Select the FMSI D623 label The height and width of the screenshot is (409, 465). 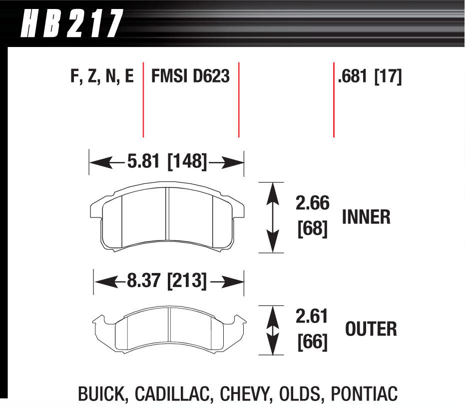pos(190,76)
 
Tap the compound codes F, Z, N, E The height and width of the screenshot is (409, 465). pos(102,76)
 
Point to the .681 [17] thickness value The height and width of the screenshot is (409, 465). pos(370,76)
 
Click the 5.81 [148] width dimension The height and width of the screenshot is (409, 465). pos(167,161)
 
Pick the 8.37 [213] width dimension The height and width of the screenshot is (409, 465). pos(167,281)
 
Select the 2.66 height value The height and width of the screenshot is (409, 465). pos(312,204)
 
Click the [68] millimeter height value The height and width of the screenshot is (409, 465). pos(312,230)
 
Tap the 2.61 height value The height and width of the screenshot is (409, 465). pos(312,316)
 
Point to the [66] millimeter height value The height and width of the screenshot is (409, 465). pos(312,342)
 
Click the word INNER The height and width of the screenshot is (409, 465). pos(366,217)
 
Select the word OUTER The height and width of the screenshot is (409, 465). pos(371,329)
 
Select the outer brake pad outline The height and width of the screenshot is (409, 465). pos(169,329)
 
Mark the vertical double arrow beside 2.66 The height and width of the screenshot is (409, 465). pos(271,217)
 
